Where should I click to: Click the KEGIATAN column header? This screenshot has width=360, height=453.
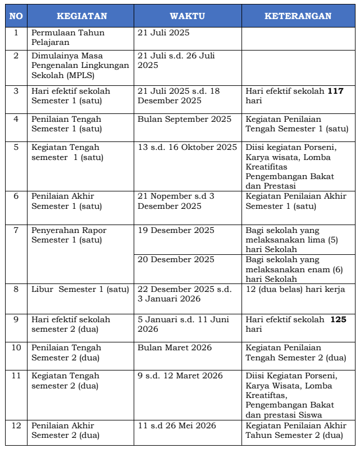point(80,16)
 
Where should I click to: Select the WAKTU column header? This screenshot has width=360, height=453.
point(188,16)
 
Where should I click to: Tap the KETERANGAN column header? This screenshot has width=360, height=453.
point(298,16)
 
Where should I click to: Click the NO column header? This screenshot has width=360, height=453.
point(16,16)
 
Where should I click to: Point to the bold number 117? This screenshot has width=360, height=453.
point(335,91)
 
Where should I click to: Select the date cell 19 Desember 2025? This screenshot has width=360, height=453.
point(176,230)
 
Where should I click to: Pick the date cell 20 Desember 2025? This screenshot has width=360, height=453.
point(176,259)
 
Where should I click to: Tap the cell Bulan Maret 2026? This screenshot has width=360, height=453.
point(175,347)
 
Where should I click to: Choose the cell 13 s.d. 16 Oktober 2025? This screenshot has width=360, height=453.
point(188,147)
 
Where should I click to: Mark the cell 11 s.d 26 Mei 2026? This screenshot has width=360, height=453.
point(176,425)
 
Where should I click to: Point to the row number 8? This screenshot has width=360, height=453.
point(16,290)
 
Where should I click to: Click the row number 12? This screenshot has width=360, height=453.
point(16,425)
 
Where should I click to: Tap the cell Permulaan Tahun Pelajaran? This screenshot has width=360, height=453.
point(68,38)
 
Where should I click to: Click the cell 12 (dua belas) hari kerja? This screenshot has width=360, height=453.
point(295,290)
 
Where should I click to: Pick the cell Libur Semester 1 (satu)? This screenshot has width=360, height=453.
point(80,290)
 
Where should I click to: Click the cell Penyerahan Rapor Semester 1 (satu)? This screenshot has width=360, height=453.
point(69,235)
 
